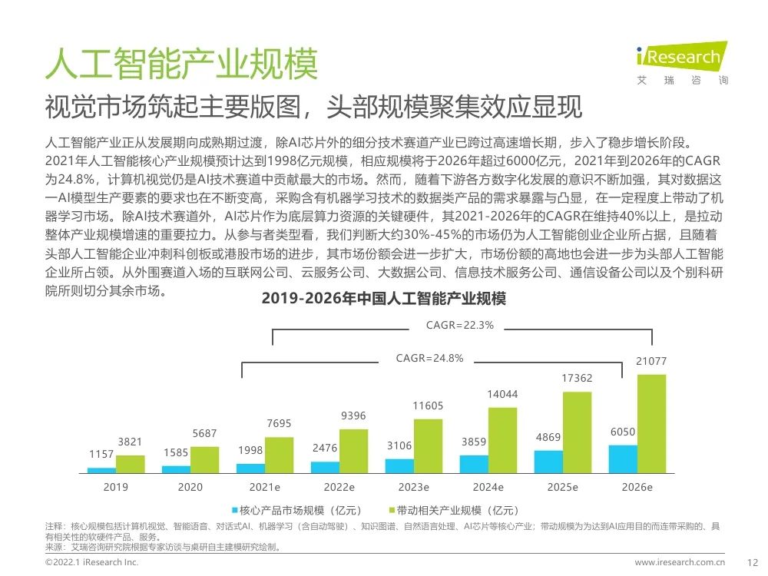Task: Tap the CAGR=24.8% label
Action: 429,358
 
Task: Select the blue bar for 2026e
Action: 623,458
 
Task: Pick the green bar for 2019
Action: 130,464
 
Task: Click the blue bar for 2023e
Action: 399,465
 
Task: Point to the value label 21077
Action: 651,362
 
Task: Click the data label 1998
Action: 250,449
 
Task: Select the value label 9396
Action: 353,415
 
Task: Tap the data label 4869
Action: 548,437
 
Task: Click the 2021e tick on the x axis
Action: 264,487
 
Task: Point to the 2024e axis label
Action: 488,487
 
